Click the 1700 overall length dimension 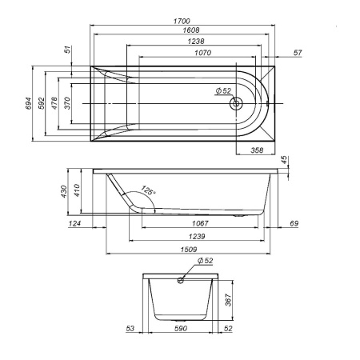[x=182, y=21]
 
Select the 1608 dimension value [x=191, y=30]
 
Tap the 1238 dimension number [x=196, y=42]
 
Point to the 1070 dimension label [x=203, y=53]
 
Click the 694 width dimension [x=28, y=103]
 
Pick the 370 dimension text [x=67, y=103]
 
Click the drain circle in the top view [x=236, y=103]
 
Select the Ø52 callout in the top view [x=223, y=91]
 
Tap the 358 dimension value [x=257, y=150]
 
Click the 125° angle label [x=148, y=190]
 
